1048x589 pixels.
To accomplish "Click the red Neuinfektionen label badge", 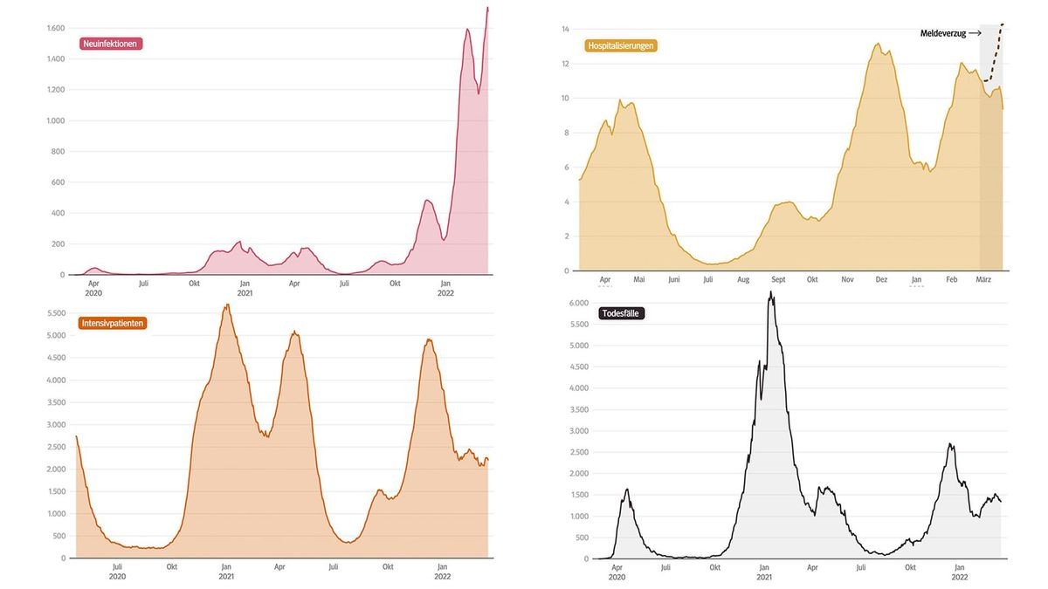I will point(110,44).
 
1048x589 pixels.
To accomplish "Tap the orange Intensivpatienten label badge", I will point(113,323).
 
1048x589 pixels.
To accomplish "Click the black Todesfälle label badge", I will point(622,313).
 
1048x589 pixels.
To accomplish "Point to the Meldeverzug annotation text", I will point(943,33).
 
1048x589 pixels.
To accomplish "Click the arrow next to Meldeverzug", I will point(975,33).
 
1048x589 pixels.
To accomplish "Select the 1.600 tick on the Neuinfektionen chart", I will point(55,29).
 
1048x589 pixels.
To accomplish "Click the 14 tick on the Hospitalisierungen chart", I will point(565,30).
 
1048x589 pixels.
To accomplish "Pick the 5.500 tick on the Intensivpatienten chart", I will point(55,313).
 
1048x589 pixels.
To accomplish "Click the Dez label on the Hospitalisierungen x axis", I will point(881,280).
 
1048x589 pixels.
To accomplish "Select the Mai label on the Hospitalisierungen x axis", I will point(638,280).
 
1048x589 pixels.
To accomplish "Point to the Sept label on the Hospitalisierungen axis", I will point(777,280).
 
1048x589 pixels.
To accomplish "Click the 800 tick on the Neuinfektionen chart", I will point(58,152).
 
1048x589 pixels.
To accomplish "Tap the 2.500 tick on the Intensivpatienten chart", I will point(55,447).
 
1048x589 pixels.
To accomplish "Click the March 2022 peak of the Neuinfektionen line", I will point(487,8).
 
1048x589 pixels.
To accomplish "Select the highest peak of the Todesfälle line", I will point(770,292).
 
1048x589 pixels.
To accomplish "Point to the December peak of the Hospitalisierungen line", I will point(877,44).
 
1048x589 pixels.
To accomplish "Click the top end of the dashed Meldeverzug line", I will point(1003,24).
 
